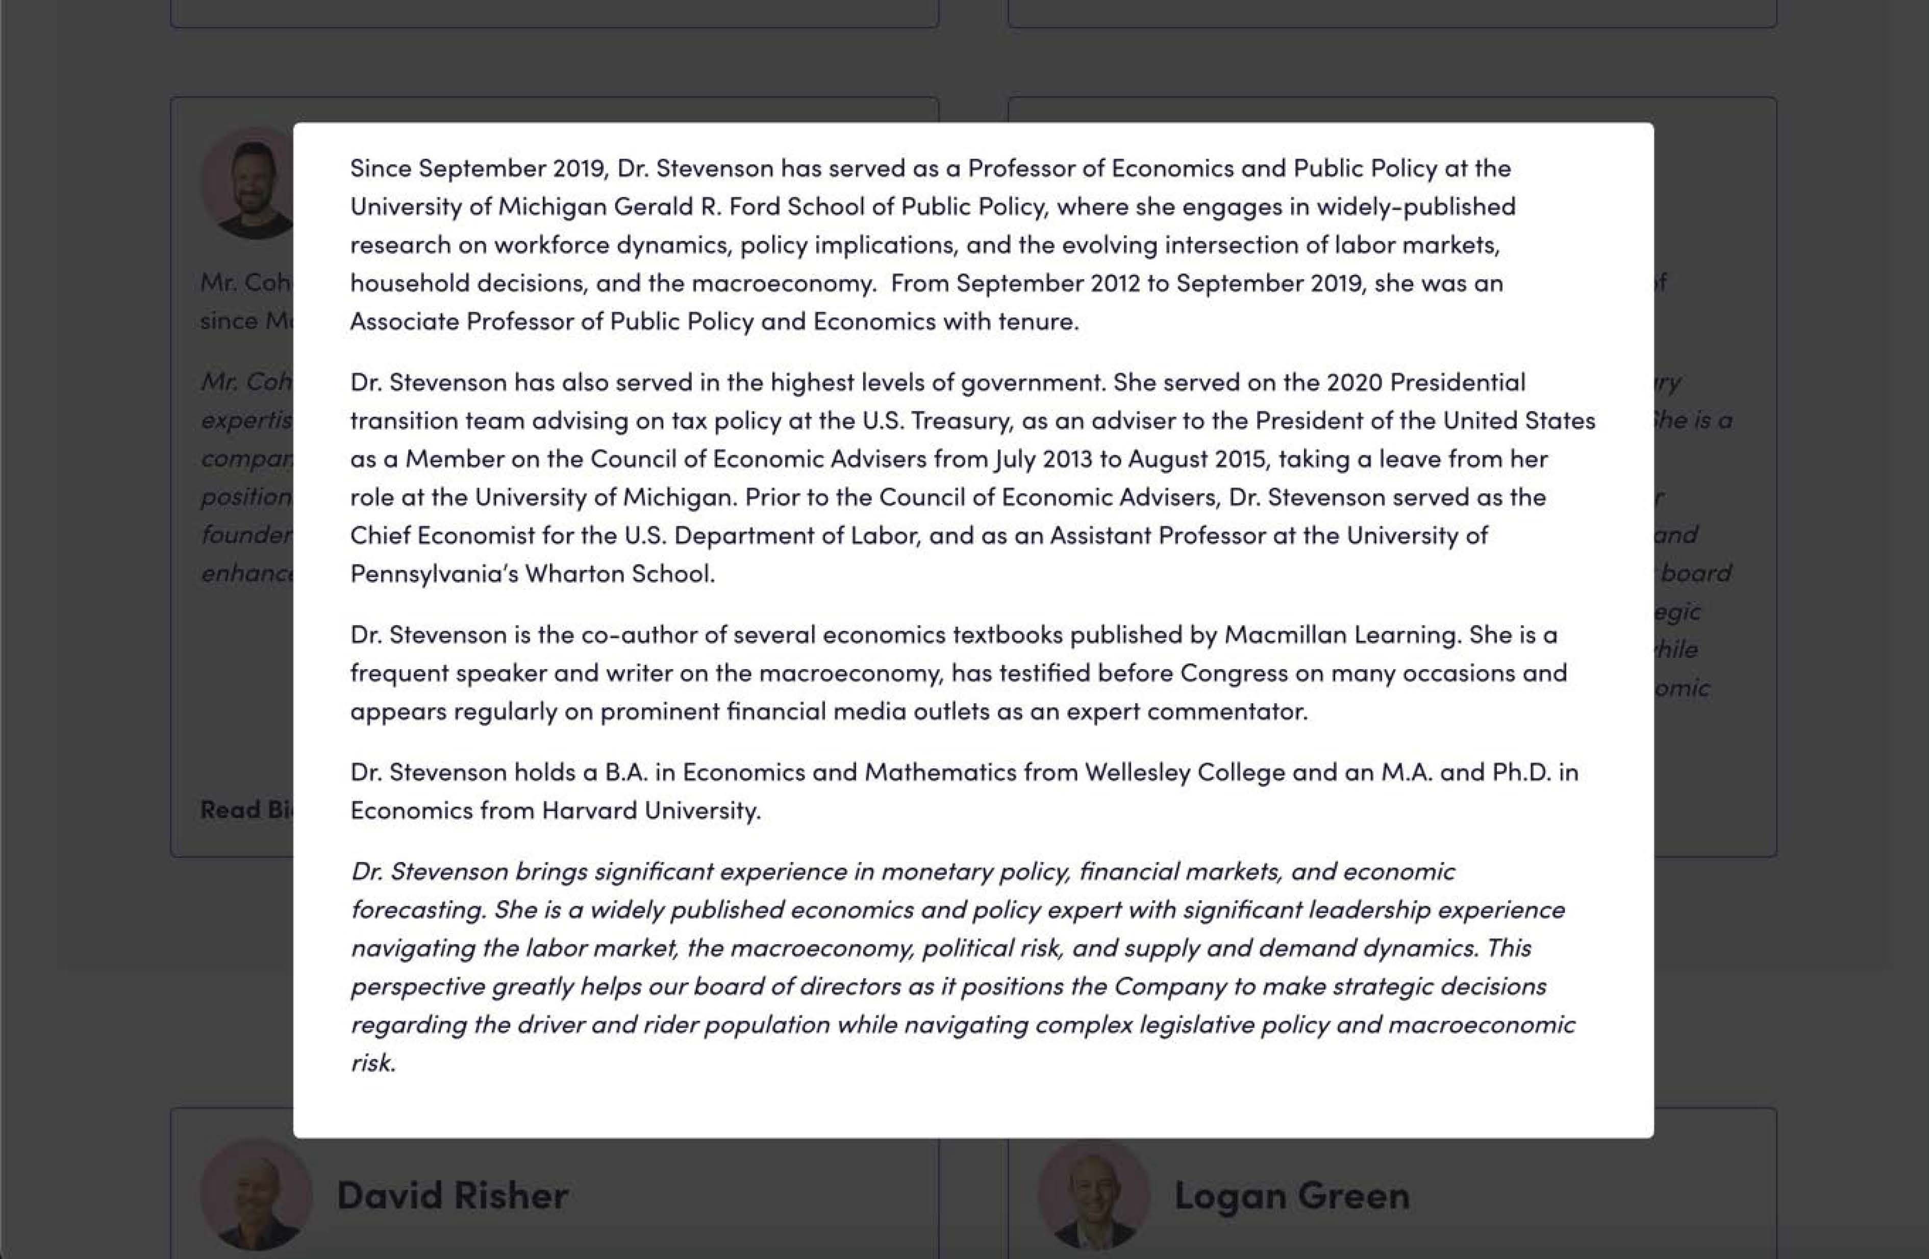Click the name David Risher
click(452, 1196)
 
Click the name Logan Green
click(1291, 1196)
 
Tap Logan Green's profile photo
click(1093, 1196)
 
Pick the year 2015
click(1238, 459)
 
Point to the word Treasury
click(972, 421)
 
